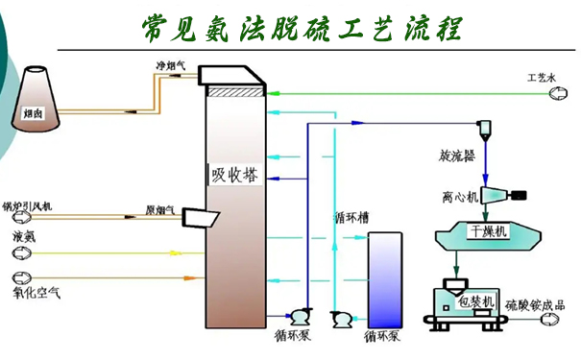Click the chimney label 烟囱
[x=33, y=113]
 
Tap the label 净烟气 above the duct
[x=172, y=66]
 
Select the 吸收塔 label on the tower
[x=235, y=176]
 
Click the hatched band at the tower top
[x=234, y=92]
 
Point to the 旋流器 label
[x=455, y=155]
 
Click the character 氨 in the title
[x=217, y=26]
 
